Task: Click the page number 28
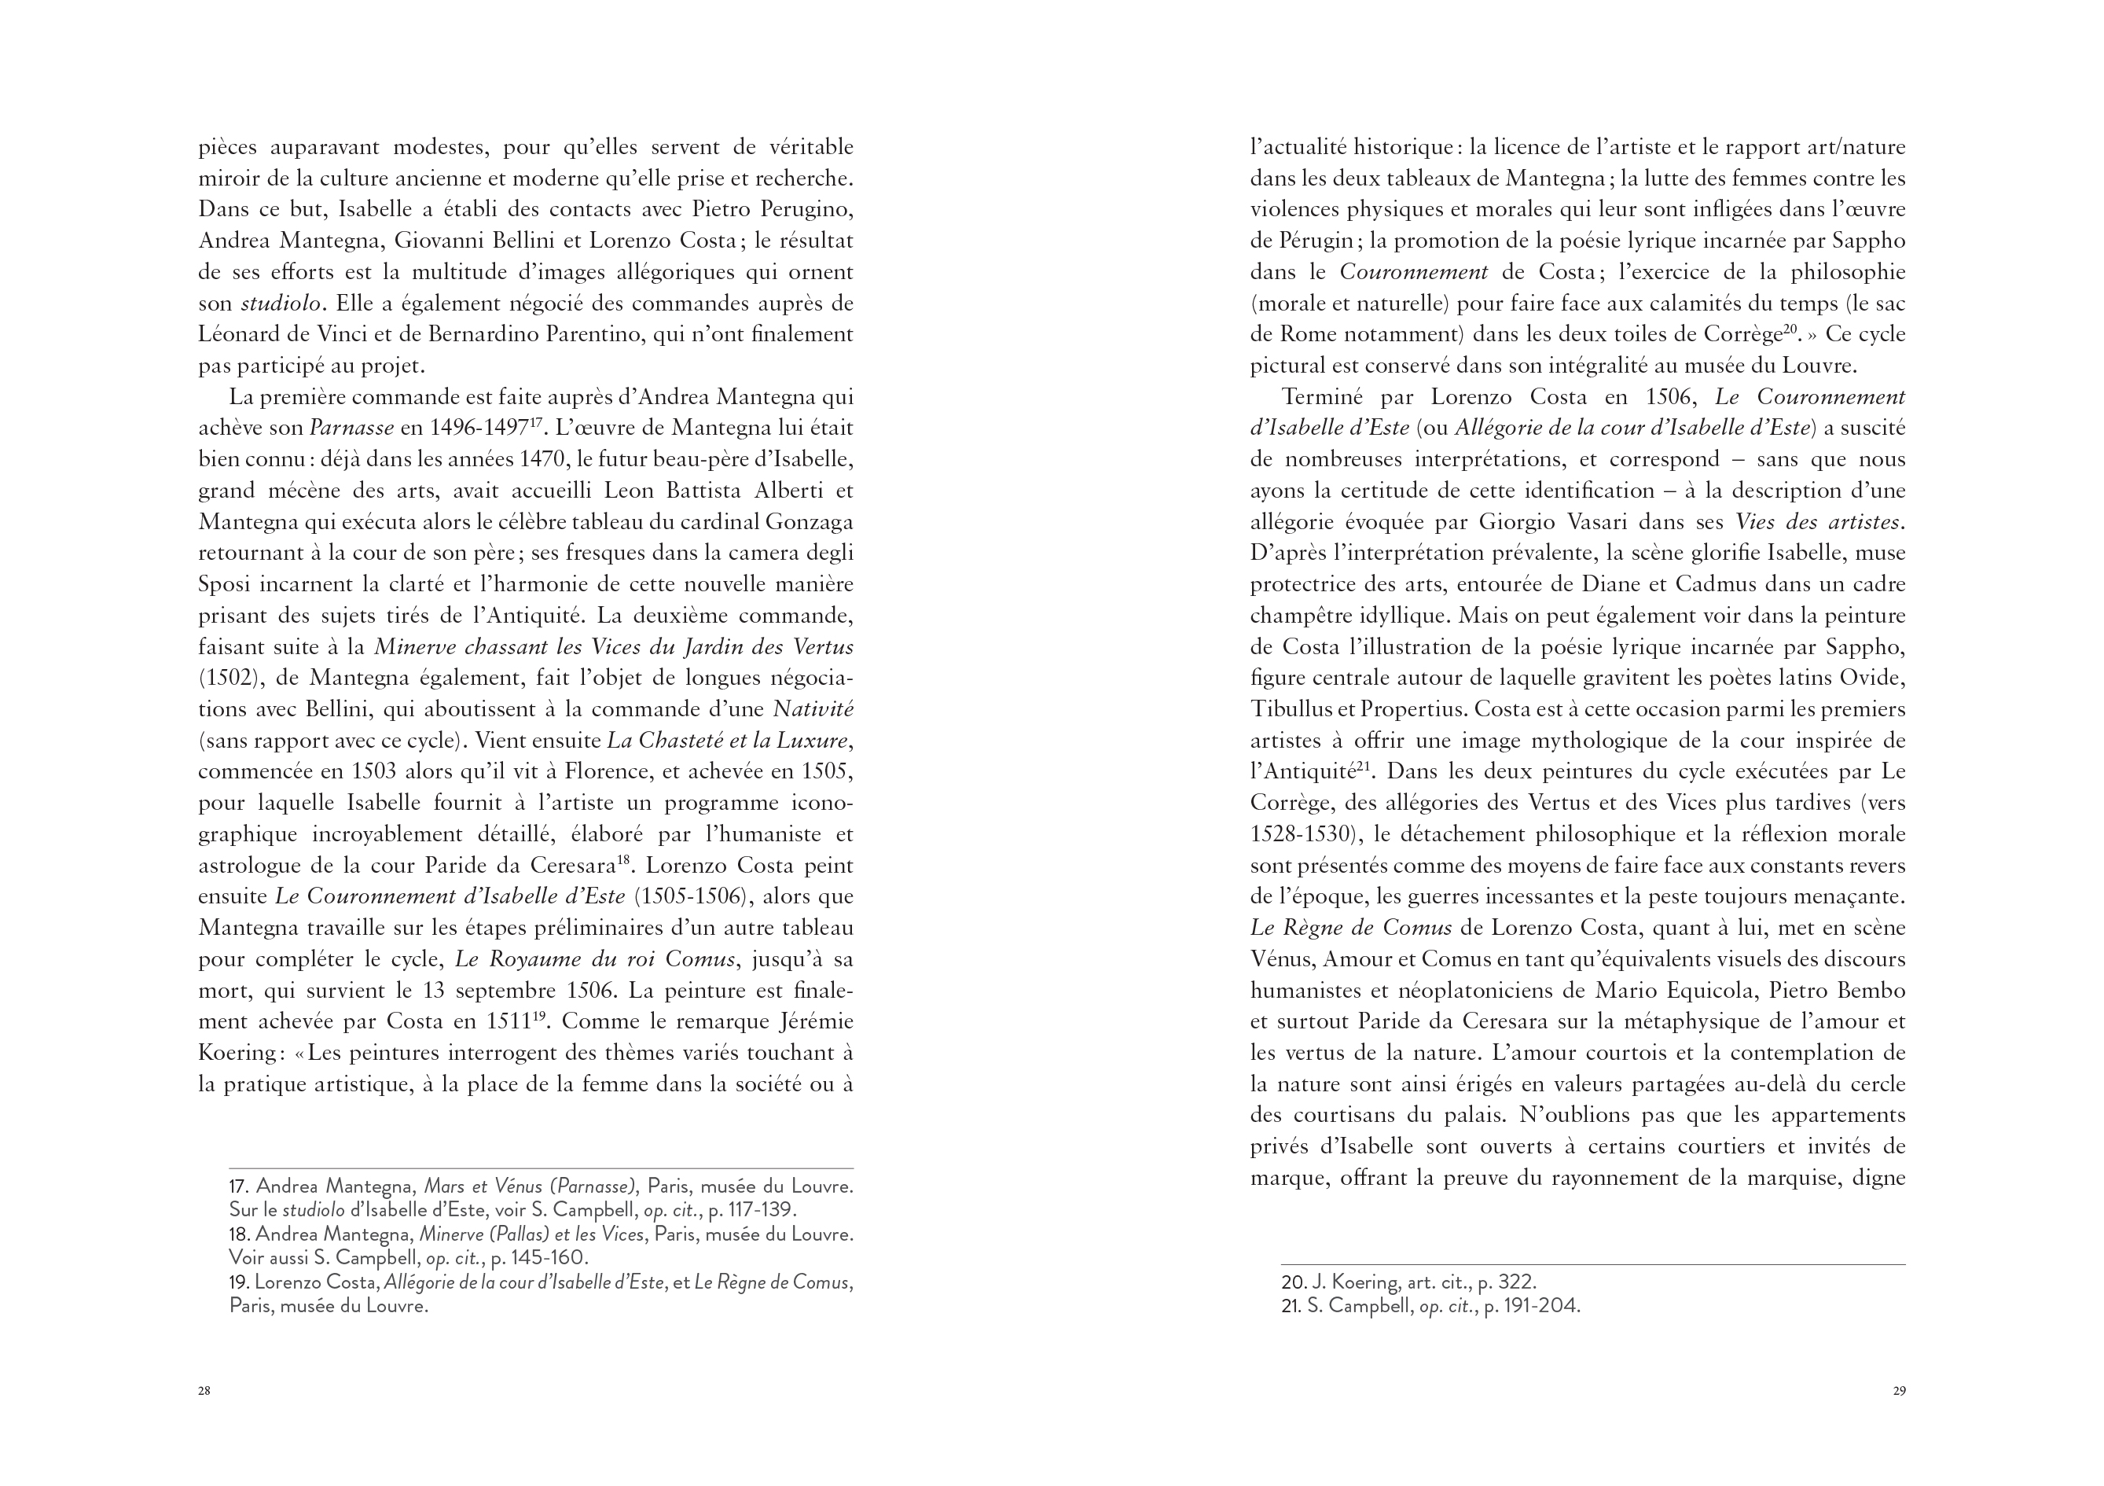(x=204, y=1391)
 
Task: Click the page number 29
(x=1899, y=1391)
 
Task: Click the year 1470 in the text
(x=546, y=459)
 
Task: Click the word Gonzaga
(x=806, y=521)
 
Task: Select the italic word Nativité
(x=813, y=708)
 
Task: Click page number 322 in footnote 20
(x=1512, y=1282)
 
